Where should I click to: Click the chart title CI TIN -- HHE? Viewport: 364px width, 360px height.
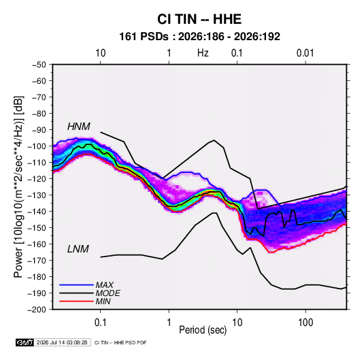[x=199, y=19]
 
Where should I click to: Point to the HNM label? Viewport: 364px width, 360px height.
[x=79, y=127]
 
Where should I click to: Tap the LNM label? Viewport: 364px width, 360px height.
[x=78, y=249]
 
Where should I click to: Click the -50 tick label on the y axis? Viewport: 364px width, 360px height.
[x=39, y=65]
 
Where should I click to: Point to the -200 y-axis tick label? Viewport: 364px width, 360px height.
[x=37, y=310]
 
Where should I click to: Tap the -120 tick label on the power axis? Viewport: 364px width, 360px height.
[x=37, y=178]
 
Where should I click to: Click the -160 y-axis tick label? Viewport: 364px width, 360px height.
[x=37, y=244]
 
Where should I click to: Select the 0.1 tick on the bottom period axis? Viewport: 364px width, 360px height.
[x=100, y=323]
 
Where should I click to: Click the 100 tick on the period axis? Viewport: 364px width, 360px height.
[x=305, y=323]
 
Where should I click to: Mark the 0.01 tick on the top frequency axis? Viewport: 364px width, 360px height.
[x=305, y=53]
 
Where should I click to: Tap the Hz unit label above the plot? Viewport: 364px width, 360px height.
[x=203, y=53]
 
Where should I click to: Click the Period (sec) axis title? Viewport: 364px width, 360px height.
[x=203, y=330]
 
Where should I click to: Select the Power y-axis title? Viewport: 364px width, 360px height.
[x=18, y=186]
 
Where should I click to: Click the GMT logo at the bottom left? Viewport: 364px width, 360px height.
[x=25, y=342]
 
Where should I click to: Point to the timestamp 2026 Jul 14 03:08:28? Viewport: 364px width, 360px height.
[x=62, y=342]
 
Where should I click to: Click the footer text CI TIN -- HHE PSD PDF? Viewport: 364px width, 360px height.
[x=120, y=342]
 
